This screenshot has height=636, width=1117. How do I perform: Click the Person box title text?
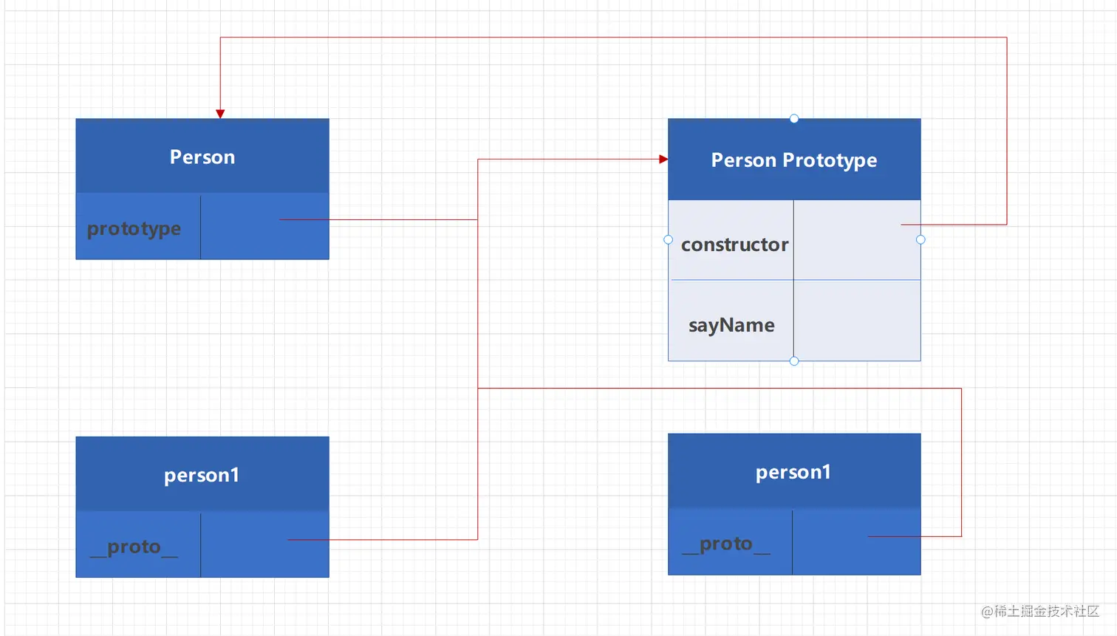202,157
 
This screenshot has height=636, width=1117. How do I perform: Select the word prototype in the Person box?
134,229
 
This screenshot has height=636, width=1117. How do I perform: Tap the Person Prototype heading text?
794,160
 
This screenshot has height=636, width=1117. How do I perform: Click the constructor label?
734,245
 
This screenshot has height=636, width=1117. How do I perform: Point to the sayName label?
731,326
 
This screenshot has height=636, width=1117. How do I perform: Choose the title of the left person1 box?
202,476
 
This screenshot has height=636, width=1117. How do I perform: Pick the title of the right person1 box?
793,473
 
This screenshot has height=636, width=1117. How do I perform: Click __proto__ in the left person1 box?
134,547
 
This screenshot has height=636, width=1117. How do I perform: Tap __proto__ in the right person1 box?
726,544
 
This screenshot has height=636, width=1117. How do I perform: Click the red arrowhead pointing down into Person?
220,114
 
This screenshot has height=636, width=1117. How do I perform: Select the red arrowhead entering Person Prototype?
663,160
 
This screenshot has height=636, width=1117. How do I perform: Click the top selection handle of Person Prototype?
794,119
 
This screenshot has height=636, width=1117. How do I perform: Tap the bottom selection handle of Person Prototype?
794,361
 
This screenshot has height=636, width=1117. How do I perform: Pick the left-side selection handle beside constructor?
668,240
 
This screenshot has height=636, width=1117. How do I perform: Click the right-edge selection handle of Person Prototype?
920,240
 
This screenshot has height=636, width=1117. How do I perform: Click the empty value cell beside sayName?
857,321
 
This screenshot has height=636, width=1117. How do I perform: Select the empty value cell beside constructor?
857,240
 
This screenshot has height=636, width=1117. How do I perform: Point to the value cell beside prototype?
264,227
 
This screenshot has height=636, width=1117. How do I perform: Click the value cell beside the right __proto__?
857,542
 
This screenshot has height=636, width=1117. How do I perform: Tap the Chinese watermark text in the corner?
1040,611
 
